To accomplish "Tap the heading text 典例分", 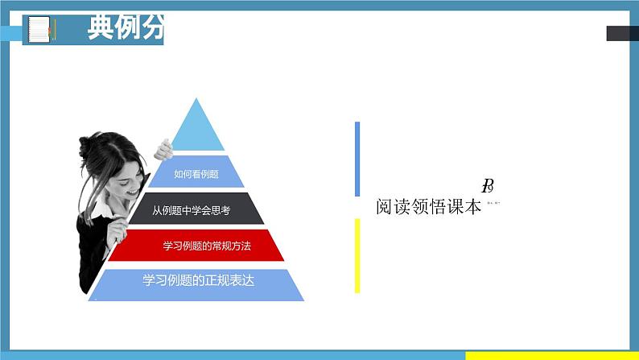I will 124,30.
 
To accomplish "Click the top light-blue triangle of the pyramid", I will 198,129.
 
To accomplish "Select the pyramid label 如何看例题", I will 197,172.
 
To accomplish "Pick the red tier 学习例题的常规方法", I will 196,246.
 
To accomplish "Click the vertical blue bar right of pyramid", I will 357,159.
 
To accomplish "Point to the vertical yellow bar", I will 357,255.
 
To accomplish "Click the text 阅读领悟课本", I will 429,207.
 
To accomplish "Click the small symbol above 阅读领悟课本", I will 488,187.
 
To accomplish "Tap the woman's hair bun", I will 85,146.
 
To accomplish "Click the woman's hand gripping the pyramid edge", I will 164,150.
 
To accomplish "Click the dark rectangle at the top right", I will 621,33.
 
